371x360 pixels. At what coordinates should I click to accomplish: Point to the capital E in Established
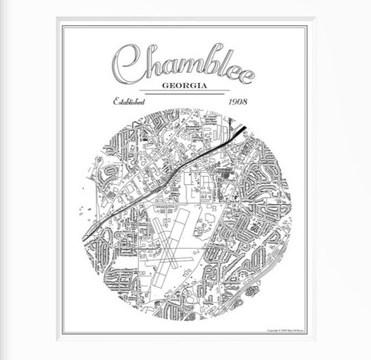pyautogui.click(x=116, y=101)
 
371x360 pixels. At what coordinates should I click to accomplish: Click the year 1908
pyautogui.click(x=239, y=101)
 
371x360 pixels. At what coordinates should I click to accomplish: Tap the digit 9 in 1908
pyautogui.click(x=237, y=101)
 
